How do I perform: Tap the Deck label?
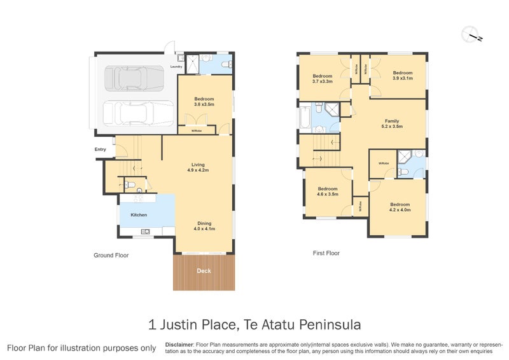tap(204, 270)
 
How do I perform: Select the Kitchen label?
tap(139, 215)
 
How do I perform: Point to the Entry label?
tap(101, 149)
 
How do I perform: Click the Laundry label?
tap(177, 66)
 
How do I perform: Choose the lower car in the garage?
tap(136, 113)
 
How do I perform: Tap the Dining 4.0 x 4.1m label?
tap(204, 226)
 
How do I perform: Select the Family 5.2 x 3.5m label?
tap(392, 123)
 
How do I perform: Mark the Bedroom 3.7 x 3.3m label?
tap(323, 78)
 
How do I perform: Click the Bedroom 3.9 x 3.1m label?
tap(402, 75)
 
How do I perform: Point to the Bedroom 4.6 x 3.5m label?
tap(328, 191)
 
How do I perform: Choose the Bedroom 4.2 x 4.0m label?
tap(400, 207)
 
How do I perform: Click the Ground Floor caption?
tap(111, 255)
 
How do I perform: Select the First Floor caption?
tap(326, 253)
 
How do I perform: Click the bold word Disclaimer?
tap(179, 344)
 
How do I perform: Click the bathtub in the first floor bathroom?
tap(304, 117)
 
